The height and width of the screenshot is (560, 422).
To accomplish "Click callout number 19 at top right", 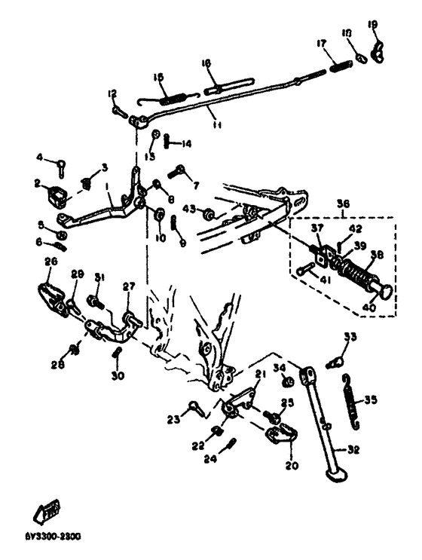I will click(372, 24).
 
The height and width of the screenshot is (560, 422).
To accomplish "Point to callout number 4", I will click(40, 158).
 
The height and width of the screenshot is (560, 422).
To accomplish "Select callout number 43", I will click(188, 209).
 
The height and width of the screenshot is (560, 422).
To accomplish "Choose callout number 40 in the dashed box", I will click(368, 306).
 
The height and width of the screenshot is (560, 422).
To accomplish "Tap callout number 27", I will click(128, 286).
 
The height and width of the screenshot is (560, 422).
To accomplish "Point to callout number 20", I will click(292, 465).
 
